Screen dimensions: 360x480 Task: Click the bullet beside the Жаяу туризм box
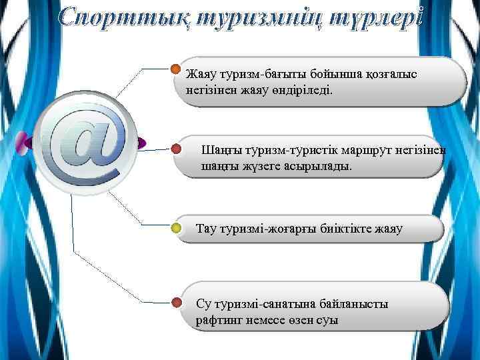pyautogui.click(x=176, y=69)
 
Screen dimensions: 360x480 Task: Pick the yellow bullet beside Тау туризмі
pyautogui.click(x=176, y=229)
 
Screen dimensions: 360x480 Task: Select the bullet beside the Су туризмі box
pyautogui.click(x=176, y=303)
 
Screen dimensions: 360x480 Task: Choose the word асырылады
pyautogui.click(x=328, y=166)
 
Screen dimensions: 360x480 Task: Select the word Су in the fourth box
pyautogui.click(x=203, y=304)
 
